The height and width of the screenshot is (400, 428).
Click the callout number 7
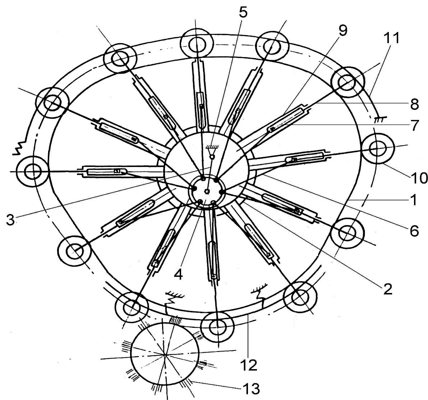[x=414, y=125]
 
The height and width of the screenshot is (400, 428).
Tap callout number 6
[x=414, y=231]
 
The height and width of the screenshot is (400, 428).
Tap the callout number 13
[x=251, y=388]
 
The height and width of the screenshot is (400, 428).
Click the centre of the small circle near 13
[x=166, y=354]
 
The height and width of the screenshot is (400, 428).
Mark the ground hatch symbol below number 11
[x=380, y=118]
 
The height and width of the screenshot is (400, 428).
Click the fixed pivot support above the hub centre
[x=212, y=152]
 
